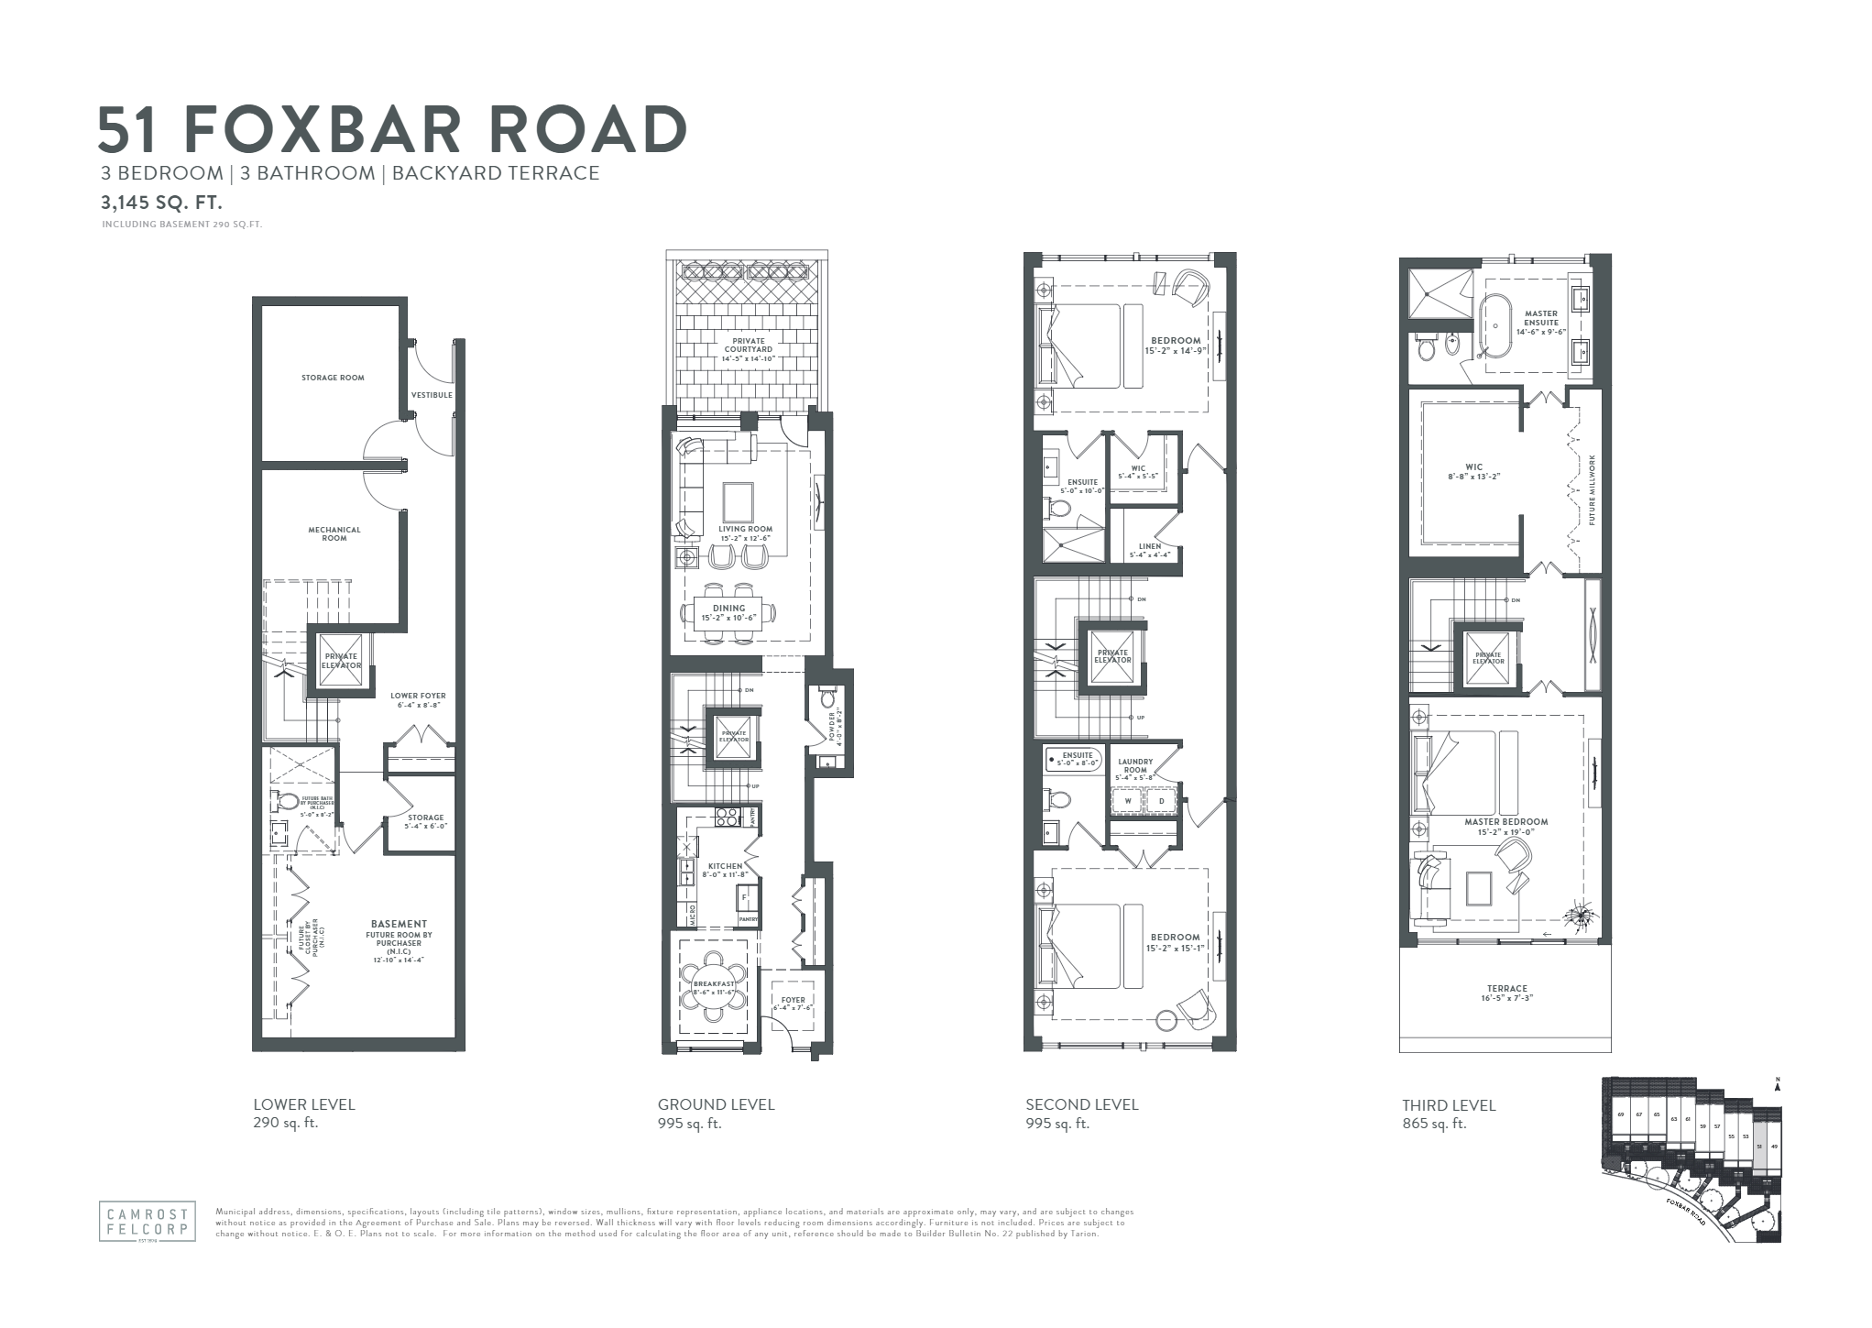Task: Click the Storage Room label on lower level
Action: pos(333,378)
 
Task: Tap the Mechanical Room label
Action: pos(334,533)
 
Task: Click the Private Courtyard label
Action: pos(748,345)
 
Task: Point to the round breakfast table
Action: pos(714,987)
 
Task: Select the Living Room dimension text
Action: pos(745,538)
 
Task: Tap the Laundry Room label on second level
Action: pos(1134,766)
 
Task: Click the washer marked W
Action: pos(1128,801)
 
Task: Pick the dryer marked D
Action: pos(1161,801)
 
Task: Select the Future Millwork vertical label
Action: pos(1593,489)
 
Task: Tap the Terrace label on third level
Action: pos(1506,989)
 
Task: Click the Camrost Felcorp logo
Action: pos(148,1220)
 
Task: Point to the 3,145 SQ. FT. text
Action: pos(161,203)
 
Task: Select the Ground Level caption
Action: pos(716,1104)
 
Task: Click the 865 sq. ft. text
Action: pos(1434,1124)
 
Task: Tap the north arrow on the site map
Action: pos(1776,1083)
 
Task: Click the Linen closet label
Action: pos(1149,547)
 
